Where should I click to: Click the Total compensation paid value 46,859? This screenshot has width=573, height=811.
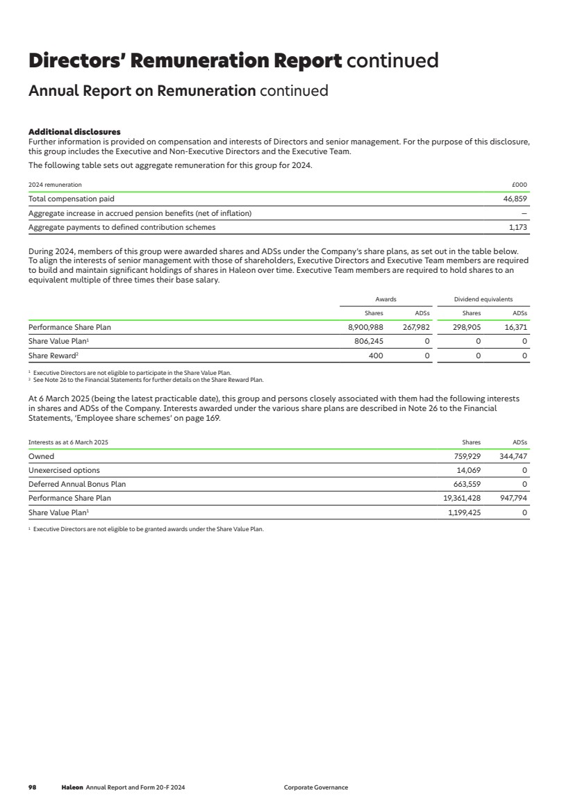click(515, 199)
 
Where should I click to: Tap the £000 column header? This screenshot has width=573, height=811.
click(520, 185)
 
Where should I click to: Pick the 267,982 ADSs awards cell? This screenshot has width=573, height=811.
click(415, 327)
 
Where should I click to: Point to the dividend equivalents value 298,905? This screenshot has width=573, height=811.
click(467, 327)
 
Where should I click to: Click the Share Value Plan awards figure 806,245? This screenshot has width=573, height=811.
click(369, 341)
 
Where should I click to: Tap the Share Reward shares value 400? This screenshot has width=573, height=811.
click(375, 356)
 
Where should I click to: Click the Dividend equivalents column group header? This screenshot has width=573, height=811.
click(483, 299)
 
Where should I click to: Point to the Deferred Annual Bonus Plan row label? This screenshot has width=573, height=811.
click(77, 484)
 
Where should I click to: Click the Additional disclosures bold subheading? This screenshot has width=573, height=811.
click(74, 132)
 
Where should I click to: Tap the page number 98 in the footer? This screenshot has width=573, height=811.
click(32, 787)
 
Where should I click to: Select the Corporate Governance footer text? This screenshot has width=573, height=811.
click(316, 787)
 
